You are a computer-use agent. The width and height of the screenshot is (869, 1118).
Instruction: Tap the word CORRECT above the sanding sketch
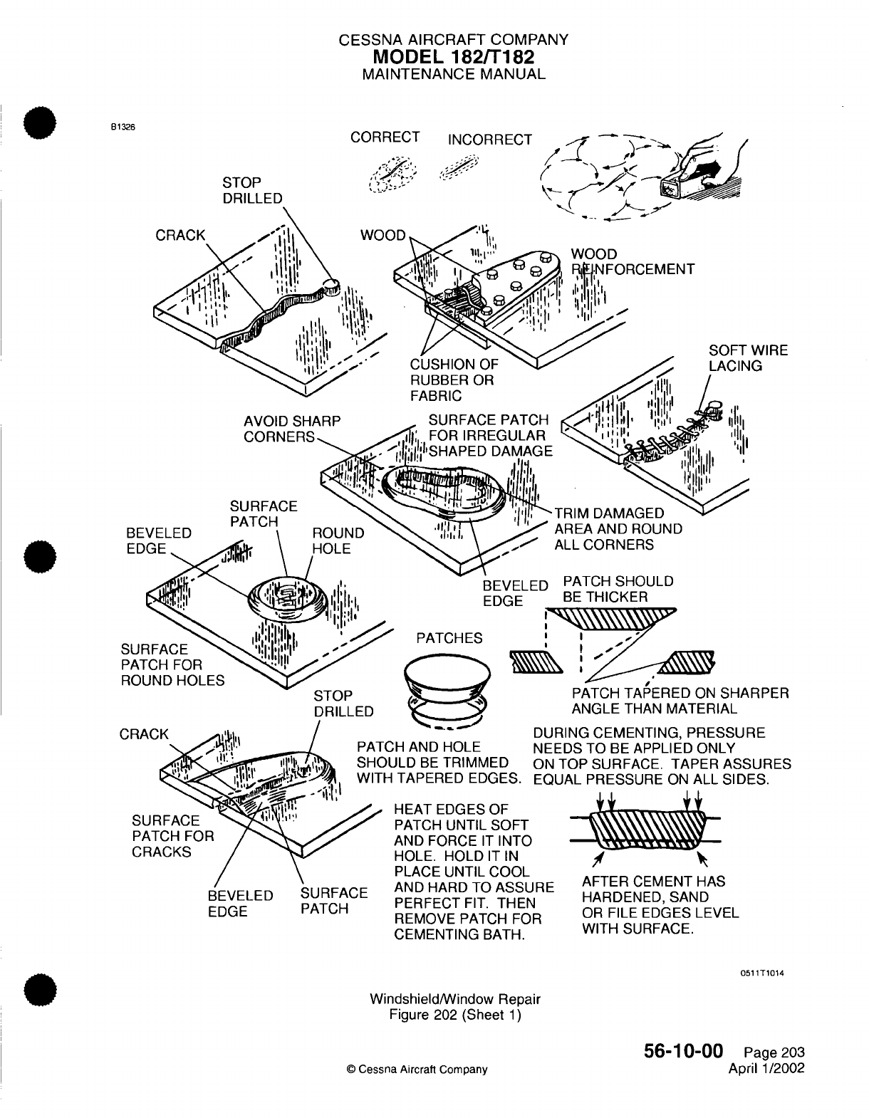click(385, 137)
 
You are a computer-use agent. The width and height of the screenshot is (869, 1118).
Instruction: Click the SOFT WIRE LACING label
click(748, 358)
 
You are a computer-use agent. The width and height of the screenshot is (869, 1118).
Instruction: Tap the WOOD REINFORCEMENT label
click(633, 261)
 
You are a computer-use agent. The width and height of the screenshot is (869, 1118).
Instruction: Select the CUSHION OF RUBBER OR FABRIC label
click(454, 380)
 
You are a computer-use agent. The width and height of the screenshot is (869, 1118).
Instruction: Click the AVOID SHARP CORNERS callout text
click(292, 429)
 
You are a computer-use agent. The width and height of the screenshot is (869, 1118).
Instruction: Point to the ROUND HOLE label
click(338, 540)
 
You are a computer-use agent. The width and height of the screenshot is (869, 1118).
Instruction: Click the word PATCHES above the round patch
click(449, 638)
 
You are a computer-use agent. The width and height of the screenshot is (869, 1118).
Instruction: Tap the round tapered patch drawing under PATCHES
click(446, 687)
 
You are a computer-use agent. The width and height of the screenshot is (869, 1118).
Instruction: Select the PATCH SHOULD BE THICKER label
click(618, 589)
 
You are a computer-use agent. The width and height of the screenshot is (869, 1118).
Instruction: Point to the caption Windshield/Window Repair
click(455, 999)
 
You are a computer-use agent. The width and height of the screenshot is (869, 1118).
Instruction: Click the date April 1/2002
click(766, 1068)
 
